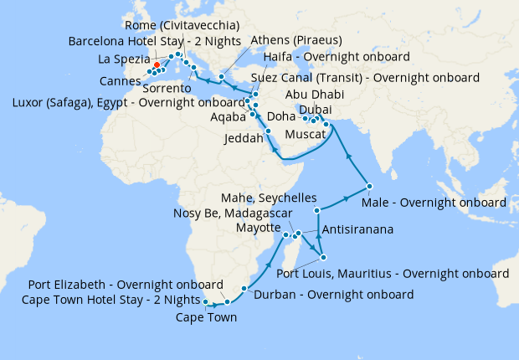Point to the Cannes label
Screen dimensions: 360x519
click(x=120, y=81)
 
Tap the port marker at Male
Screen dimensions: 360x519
click(x=369, y=186)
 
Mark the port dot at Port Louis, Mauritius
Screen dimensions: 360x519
click(x=323, y=257)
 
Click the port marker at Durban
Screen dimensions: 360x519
click(x=244, y=289)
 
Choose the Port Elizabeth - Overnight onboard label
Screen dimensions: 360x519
click(x=126, y=284)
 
